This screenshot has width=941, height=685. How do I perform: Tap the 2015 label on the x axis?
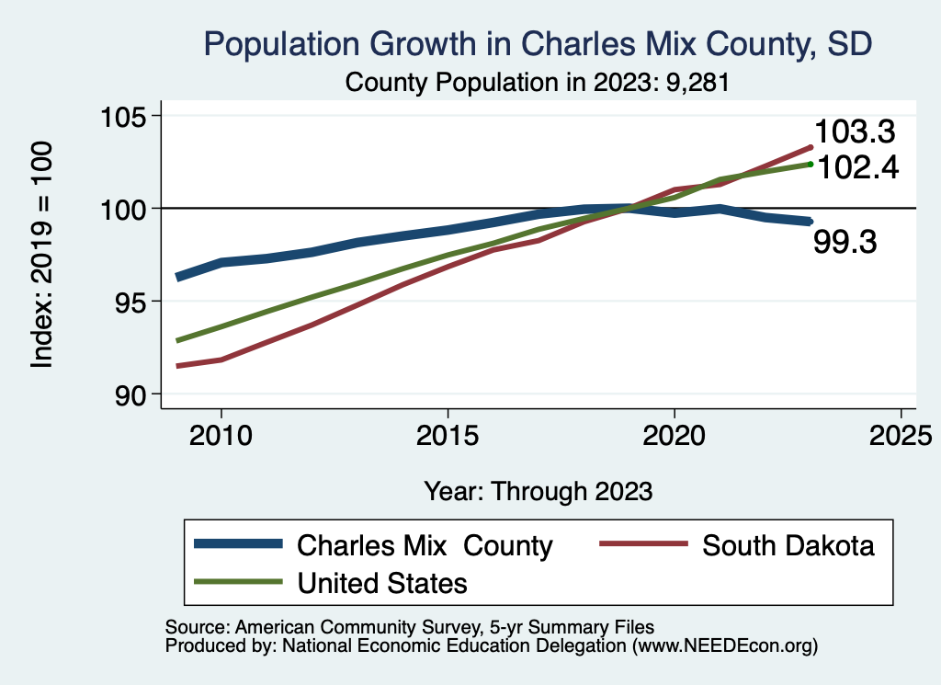pyautogui.click(x=448, y=434)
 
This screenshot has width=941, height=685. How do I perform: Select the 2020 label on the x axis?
pyautogui.click(x=675, y=434)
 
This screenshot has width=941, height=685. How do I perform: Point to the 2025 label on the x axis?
pyautogui.click(x=901, y=434)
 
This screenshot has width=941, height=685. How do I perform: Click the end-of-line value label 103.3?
pyautogui.click(x=855, y=132)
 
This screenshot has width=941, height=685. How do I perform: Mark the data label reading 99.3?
pyautogui.click(x=845, y=243)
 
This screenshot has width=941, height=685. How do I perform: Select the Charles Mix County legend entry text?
pyautogui.click(x=425, y=546)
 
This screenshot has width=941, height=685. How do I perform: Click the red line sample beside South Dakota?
pyautogui.click(x=643, y=544)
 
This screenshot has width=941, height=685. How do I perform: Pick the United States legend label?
pyautogui.click(x=382, y=583)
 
